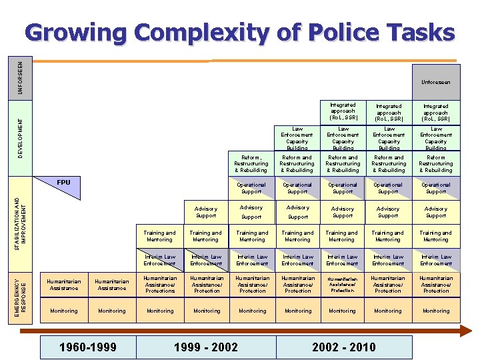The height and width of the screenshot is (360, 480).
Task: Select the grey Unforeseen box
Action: pyautogui.click(x=436, y=82)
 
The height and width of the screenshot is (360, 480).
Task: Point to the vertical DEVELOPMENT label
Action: pyautogui.click(x=21, y=139)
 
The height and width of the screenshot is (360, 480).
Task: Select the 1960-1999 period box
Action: pyautogui.click(x=88, y=347)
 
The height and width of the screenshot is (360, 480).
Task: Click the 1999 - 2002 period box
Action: pyautogui.click(x=205, y=347)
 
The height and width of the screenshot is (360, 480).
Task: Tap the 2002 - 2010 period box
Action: pyautogui.click(x=343, y=347)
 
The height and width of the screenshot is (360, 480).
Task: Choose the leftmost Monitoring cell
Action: pyautogui.click(x=64, y=311)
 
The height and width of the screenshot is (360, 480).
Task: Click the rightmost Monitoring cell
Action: pyautogui.click(x=436, y=311)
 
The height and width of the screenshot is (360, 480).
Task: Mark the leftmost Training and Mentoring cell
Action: pyautogui.click(x=160, y=236)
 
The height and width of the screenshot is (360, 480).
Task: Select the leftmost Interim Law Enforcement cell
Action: pyautogui.click(x=160, y=260)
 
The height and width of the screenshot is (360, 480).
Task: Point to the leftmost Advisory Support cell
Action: pyautogui.click(x=206, y=212)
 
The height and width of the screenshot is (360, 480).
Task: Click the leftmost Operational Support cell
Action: pyautogui.click(x=251, y=188)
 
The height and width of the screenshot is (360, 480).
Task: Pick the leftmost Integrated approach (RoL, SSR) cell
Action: pyautogui.click(x=343, y=111)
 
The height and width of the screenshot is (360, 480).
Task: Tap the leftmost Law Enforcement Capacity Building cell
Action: pyautogui.click(x=297, y=138)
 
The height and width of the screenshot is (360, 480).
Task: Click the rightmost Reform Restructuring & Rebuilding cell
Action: pyautogui.click(x=436, y=163)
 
